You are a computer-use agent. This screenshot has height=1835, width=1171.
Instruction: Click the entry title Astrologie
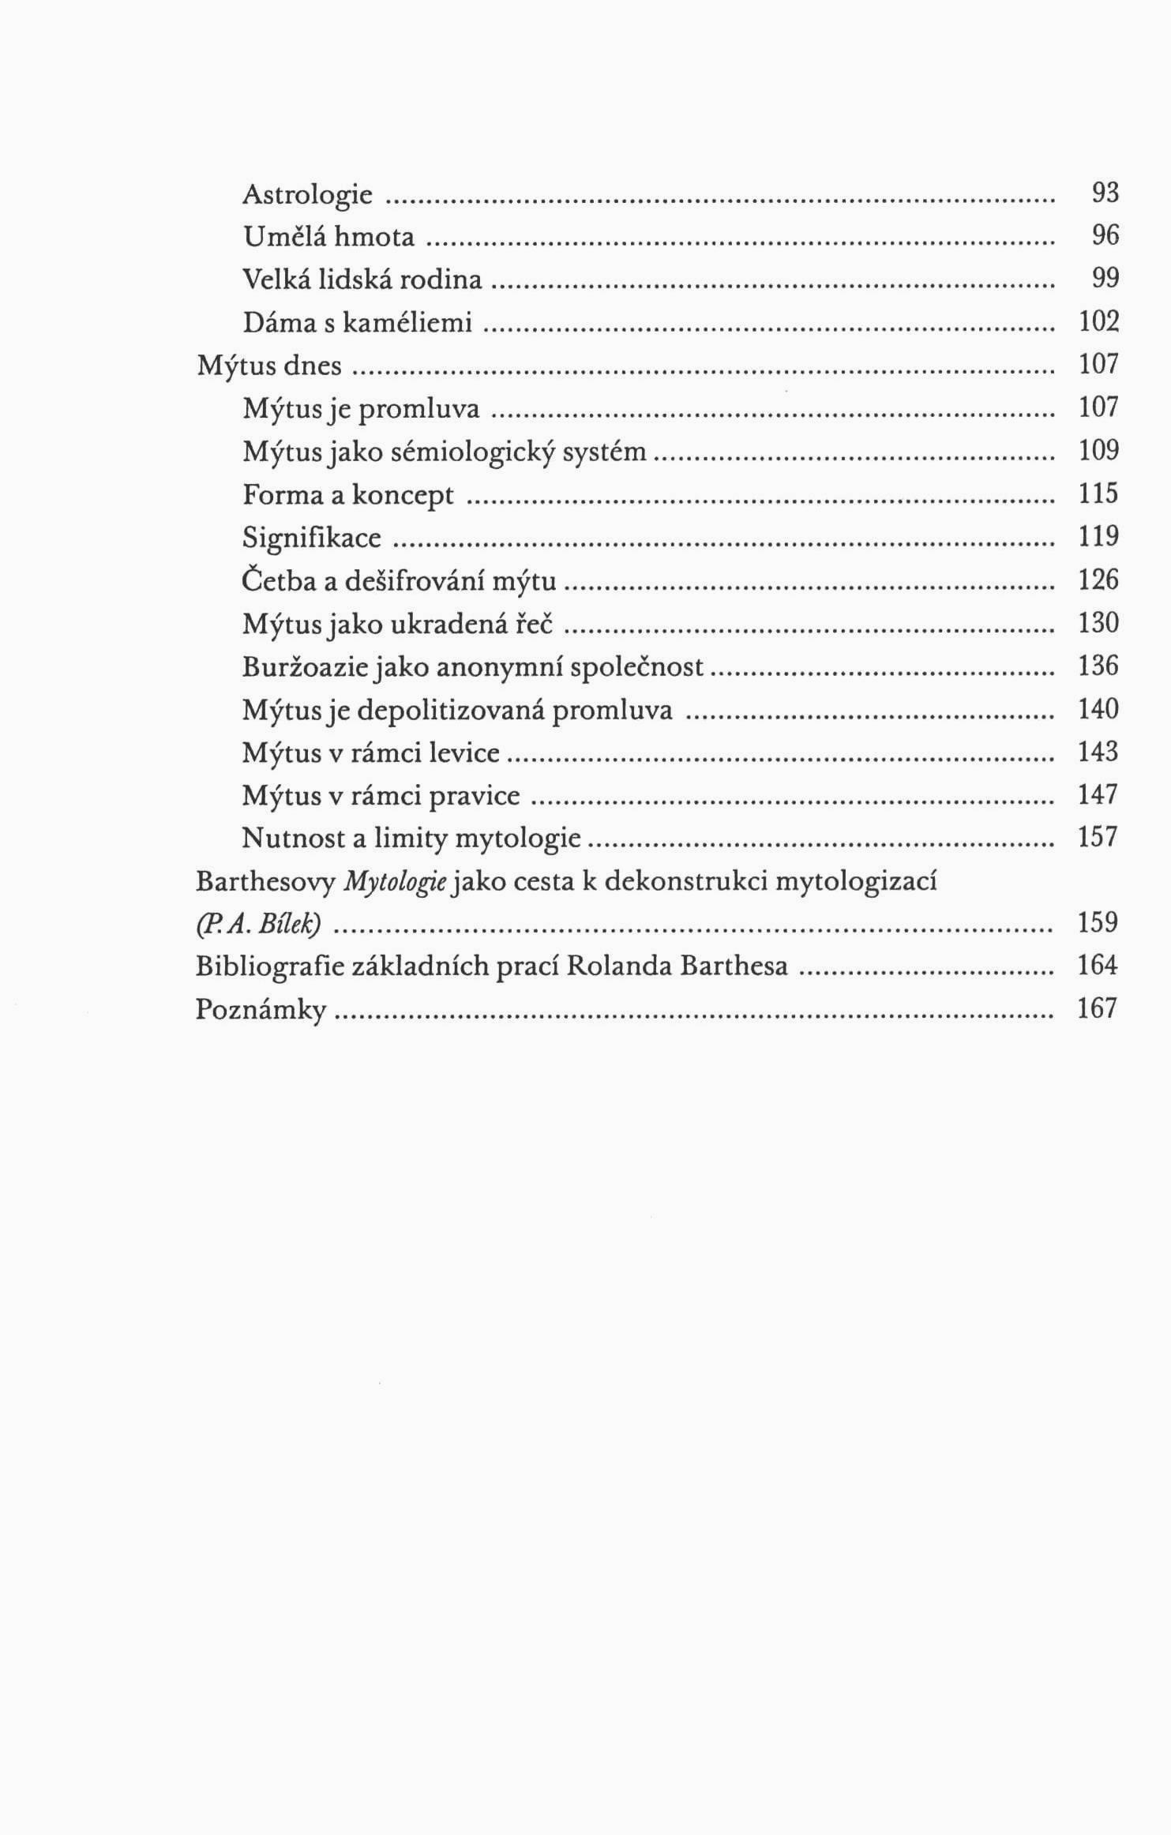coord(307,194)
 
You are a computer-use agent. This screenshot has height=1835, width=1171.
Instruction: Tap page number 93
coord(1105,193)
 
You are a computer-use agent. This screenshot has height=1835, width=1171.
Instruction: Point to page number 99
coord(1105,279)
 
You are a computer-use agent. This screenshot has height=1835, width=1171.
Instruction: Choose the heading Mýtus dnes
coord(269,366)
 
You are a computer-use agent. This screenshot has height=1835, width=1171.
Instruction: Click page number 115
coord(1098,494)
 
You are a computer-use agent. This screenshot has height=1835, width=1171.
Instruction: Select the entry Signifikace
coord(312,538)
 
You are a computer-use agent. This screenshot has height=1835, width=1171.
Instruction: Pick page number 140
coord(1098,709)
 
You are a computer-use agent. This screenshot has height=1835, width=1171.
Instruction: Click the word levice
coord(464,753)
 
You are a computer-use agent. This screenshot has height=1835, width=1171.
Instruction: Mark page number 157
coord(1098,838)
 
